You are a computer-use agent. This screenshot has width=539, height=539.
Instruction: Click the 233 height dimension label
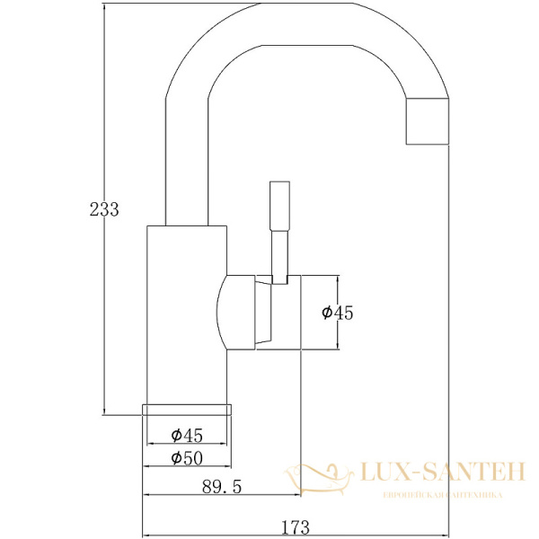pyautogui.click(x=104, y=210)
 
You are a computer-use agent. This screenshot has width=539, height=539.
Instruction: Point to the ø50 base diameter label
pyautogui.click(x=187, y=458)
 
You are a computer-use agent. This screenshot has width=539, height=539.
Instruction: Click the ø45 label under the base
pyautogui.click(x=187, y=436)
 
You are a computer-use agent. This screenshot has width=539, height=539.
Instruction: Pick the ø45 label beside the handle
pyautogui.click(x=338, y=313)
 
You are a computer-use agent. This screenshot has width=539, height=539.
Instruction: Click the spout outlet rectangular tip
pyautogui.click(x=428, y=121)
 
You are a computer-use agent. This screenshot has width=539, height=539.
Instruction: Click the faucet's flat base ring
pyautogui.click(x=187, y=411)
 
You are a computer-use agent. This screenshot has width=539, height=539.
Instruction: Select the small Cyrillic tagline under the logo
pyautogui.click(x=441, y=495)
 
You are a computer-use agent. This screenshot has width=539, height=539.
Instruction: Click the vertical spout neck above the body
pyautogui.click(x=187, y=162)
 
